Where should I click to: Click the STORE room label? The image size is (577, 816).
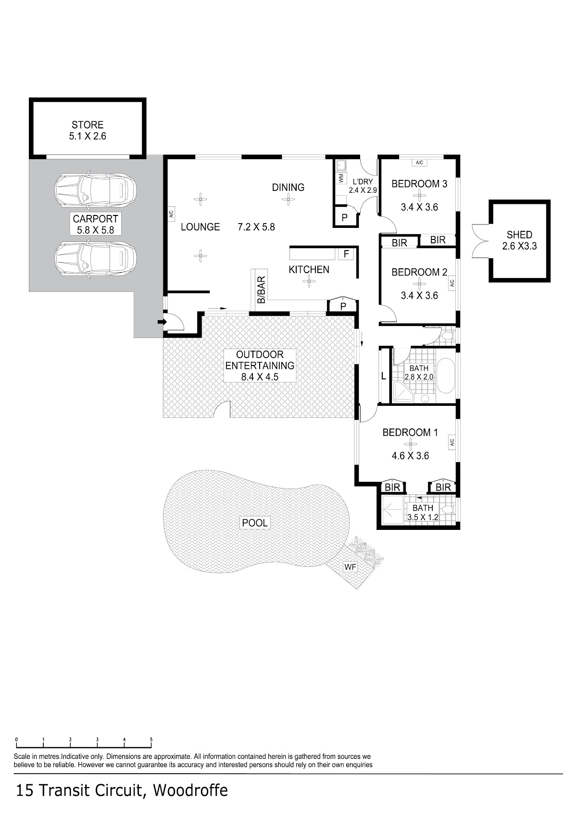click(88, 125)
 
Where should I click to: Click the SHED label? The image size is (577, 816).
click(519, 235)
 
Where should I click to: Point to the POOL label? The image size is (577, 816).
click(255, 523)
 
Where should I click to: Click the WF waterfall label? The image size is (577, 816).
click(350, 567)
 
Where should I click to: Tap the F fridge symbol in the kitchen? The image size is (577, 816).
click(346, 253)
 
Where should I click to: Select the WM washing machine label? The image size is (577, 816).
click(341, 178)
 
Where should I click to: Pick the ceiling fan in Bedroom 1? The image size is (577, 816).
click(410, 444)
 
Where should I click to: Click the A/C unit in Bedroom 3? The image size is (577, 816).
click(419, 163)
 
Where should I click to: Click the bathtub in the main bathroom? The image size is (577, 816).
click(446, 376)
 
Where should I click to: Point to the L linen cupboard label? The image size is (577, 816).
click(384, 376)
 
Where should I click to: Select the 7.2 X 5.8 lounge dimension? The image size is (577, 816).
click(256, 227)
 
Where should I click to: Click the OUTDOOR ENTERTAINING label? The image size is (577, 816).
click(260, 360)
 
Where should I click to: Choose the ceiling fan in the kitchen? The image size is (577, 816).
click(309, 281)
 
